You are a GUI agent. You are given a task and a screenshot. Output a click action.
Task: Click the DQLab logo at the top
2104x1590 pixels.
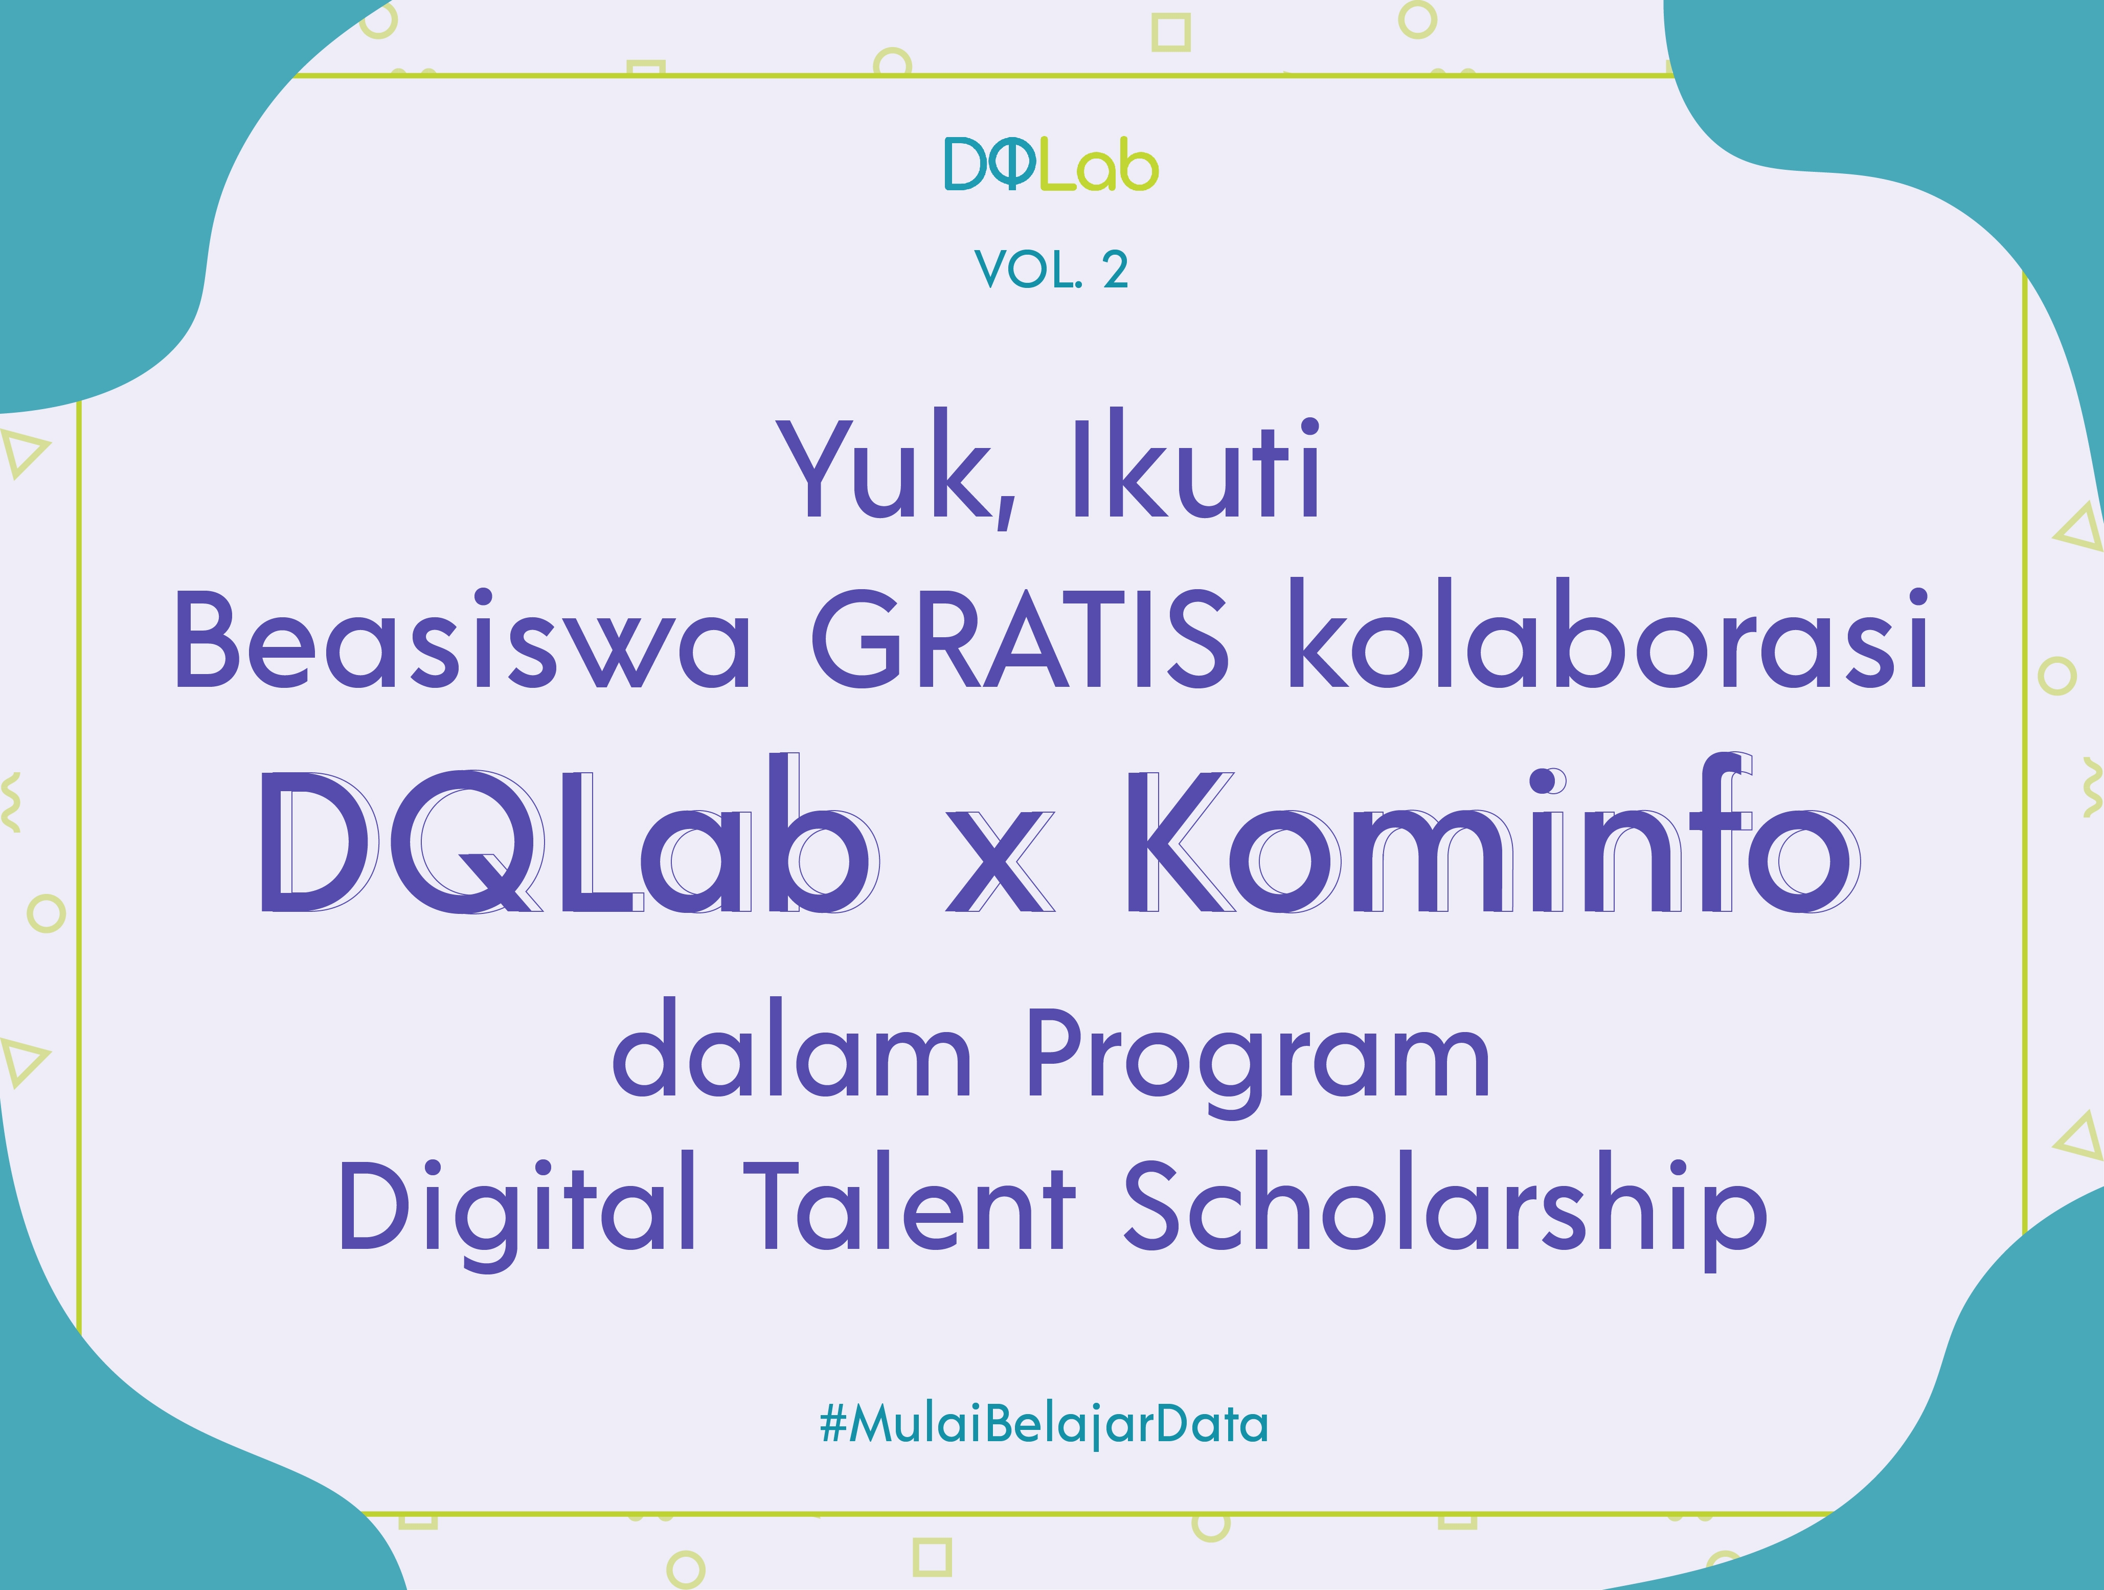1051,165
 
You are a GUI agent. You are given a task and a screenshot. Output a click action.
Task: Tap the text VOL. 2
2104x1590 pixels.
1051,270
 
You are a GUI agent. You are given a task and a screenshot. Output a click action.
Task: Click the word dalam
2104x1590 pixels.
791,1047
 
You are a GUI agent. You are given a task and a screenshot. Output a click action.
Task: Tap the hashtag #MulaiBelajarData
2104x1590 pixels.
1044,1424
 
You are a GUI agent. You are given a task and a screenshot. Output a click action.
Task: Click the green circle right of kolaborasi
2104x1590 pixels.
2058,676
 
